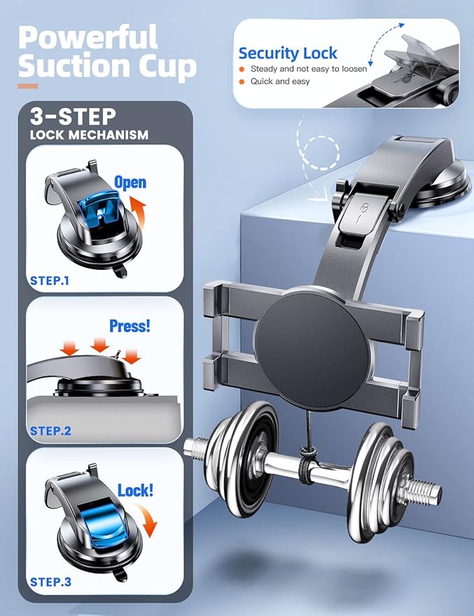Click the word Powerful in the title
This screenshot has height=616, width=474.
point(88,36)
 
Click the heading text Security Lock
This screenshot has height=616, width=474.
point(288,53)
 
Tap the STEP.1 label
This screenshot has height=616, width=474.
point(50,280)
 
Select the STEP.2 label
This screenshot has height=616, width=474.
point(50,430)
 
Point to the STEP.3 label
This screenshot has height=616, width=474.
point(50,582)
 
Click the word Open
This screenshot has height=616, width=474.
point(130,183)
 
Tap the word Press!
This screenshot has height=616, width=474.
point(130,326)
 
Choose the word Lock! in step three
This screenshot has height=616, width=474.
point(135,491)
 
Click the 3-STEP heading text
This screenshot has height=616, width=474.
point(73,116)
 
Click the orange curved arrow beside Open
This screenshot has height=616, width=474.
point(139,212)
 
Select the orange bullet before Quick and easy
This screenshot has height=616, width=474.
point(242,82)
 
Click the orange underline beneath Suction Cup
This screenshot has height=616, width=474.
point(28,86)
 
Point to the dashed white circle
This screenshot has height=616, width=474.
point(323,153)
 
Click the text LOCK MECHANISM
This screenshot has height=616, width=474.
point(89,135)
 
